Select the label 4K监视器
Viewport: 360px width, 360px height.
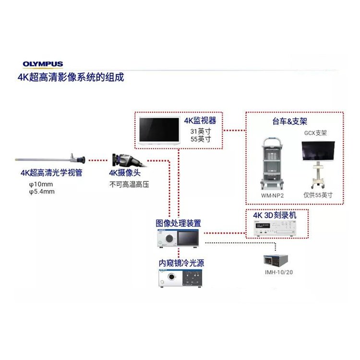pyautogui.click(x=200, y=120)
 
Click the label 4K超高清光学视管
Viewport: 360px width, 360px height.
pyautogui.click(x=51, y=173)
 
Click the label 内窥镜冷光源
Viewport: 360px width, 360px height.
pyautogui.click(x=178, y=263)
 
